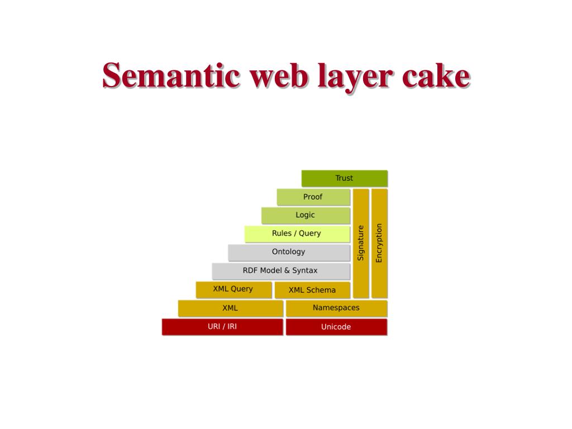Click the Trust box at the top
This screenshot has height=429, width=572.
344,178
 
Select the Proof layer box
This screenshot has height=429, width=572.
313,197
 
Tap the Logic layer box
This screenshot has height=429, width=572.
306,215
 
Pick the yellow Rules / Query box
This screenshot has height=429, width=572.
297,233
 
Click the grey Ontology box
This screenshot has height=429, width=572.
289,252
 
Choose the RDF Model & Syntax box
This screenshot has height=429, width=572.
280,270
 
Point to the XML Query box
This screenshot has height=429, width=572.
233,289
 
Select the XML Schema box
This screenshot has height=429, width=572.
312,290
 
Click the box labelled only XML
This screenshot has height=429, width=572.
230,308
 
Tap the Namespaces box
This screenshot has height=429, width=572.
336,308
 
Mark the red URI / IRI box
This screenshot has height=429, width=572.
222,326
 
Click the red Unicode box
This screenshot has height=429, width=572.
336,327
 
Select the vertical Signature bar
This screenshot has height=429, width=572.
361,243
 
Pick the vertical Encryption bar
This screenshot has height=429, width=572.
379,243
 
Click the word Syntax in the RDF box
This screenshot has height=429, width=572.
305,270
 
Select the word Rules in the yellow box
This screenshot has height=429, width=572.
282,233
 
